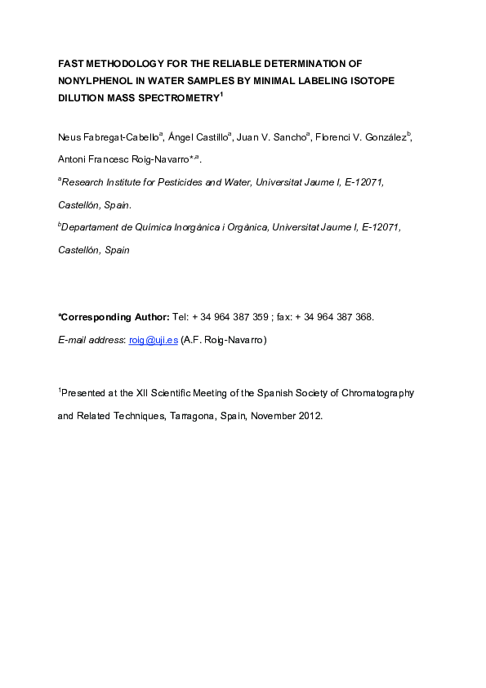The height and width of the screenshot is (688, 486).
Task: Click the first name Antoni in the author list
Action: coord(74,159)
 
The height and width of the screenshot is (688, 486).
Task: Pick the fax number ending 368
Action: coord(335,317)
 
